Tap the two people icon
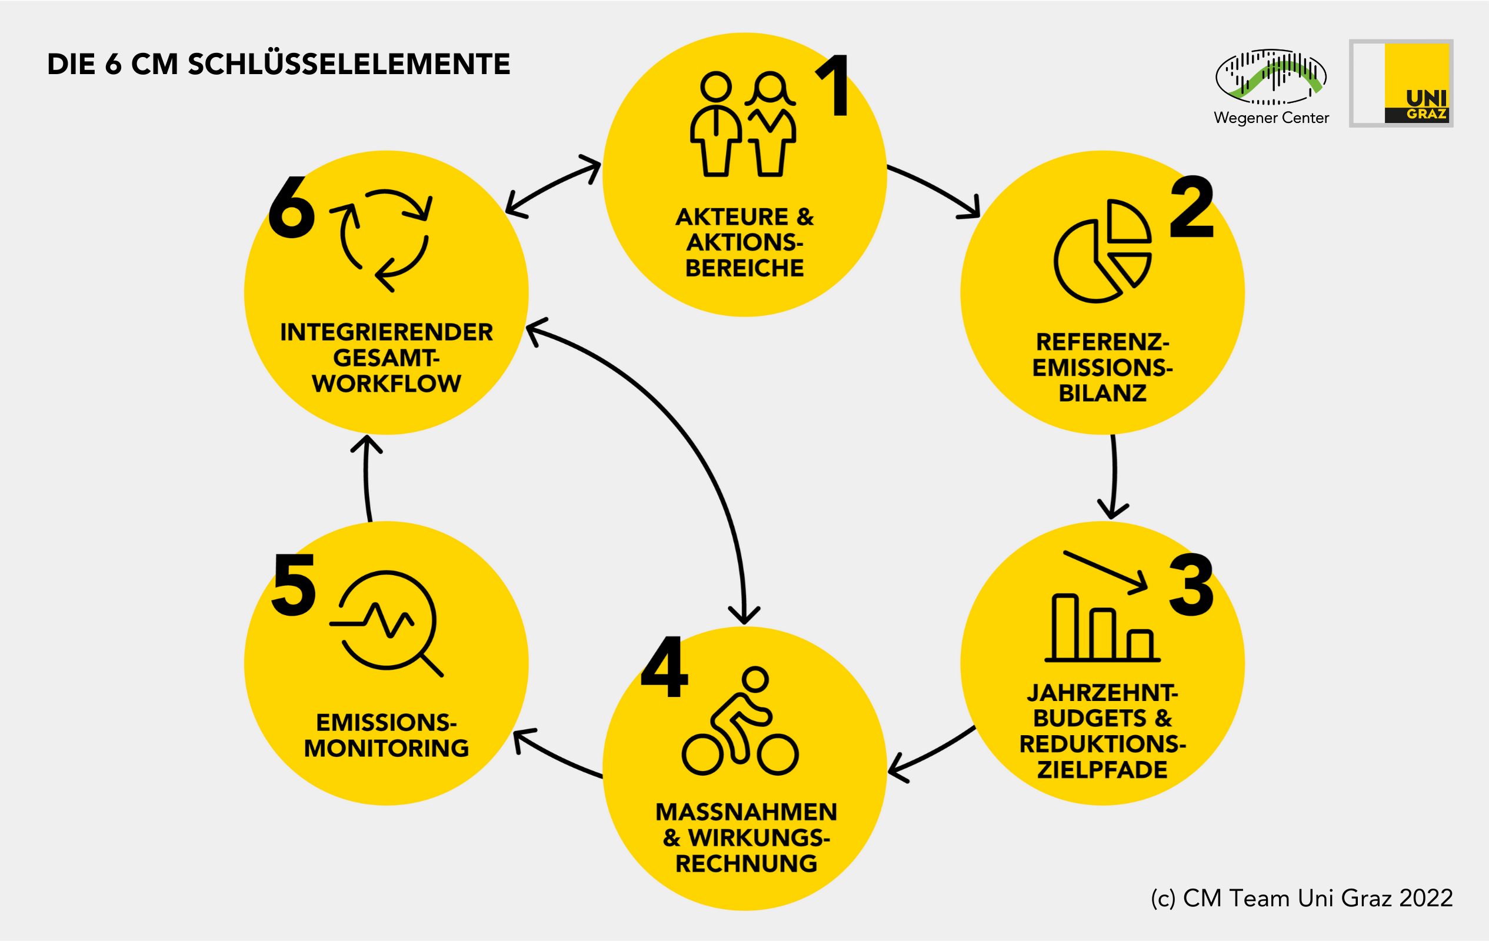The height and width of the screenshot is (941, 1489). [x=742, y=124]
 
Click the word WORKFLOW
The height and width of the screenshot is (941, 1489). [x=387, y=384]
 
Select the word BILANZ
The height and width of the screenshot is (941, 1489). [x=1102, y=393]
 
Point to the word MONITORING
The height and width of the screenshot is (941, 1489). [x=387, y=748]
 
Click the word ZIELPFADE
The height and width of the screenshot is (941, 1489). [x=1102, y=770]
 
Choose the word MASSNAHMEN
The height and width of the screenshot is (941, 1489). [x=746, y=812]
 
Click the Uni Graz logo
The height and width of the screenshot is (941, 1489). [x=1401, y=84]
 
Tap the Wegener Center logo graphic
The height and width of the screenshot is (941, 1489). [x=1271, y=77]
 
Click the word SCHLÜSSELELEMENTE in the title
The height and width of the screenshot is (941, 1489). [x=349, y=64]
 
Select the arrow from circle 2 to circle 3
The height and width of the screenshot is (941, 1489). [x=1114, y=476]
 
